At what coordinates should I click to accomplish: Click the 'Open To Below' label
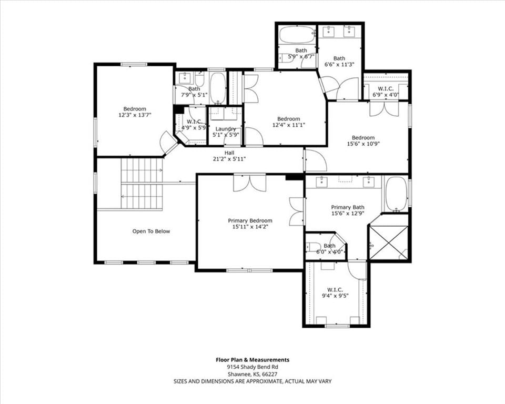click(x=151, y=231)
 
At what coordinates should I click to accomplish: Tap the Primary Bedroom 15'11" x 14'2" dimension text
click(x=250, y=227)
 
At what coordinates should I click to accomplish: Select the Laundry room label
click(x=226, y=129)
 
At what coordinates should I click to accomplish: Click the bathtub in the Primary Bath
click(x=396, y=194)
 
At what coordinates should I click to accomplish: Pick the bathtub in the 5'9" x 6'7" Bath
click(x=296, y=35)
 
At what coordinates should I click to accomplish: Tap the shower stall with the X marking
click(x=388, y=243)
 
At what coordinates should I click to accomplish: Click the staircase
click(x=142, y=183)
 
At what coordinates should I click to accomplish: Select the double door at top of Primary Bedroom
click(x=250, y=183)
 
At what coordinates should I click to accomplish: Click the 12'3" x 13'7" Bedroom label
click(x=135, y=112)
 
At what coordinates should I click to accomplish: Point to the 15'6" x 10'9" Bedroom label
click(x=363, y=140)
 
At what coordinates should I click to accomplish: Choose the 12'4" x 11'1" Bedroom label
click(x=289, y=122)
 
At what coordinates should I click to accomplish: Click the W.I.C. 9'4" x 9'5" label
click(x=335, y=292)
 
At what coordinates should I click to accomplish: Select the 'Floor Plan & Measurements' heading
click(x=252, y=360)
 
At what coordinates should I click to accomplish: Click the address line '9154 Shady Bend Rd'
click(x=252, y=367)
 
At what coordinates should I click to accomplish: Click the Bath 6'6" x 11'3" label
click(x=339, y=61)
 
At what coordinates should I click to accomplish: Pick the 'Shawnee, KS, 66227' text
click(x=252, y=375)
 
